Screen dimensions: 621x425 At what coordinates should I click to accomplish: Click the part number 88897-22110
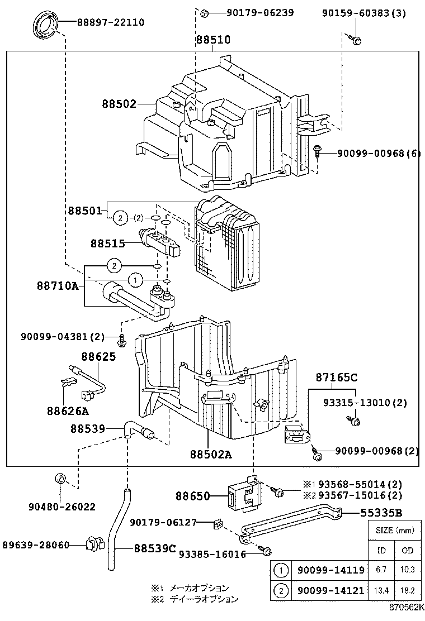click(103, 22)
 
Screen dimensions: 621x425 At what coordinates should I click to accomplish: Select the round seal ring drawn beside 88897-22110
click(45, 26)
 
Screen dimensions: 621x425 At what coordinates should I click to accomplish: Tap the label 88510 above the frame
click(212, 40)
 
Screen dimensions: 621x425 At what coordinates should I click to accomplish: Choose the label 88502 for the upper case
click(119, 104)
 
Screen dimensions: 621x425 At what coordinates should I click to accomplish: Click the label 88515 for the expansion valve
click(108, 243)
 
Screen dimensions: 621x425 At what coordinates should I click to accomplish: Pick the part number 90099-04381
click(63, 337)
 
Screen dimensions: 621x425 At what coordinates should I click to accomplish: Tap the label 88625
click(98, 356)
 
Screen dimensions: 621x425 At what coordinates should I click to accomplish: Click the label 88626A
click(68, 411)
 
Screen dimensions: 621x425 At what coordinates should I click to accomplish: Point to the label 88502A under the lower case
click(210, 454)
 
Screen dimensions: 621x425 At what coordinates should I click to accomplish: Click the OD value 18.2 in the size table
click(407, 590)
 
